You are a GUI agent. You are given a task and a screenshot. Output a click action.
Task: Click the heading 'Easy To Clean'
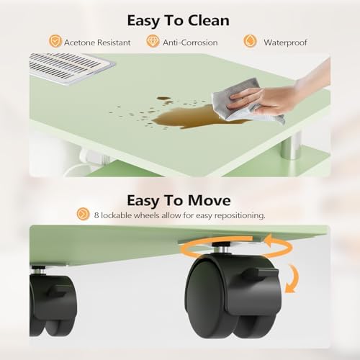pyautogui.click(x=178, y=21)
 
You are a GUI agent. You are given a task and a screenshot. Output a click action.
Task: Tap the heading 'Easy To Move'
pyautogui.click(x=179, y=201)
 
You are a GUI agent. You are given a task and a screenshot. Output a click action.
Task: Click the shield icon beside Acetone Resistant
pyautogui.click(x=55, y=41)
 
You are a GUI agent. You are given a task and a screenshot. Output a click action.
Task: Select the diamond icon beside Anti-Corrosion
pyautogui.click(x=153, y=41)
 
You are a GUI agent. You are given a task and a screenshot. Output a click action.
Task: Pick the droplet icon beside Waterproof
pyautogui.click(x=250, y=41)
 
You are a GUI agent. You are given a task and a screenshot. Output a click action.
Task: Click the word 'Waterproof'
pyautogui.click(x=285, y=42)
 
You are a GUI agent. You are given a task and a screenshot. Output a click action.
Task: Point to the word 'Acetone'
pyautogui.click(x=79, y=42)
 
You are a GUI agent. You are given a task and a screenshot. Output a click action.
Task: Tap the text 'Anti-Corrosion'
pyautogui.click(x=190, y=42)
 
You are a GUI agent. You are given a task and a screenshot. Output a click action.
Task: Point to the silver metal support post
pyautogui.click(x=291, y=146)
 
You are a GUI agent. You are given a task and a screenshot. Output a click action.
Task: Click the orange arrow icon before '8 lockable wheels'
pyautogui.click(x=83, y=214)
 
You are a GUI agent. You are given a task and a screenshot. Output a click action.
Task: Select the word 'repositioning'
pyautogui.click(x=240, y=215)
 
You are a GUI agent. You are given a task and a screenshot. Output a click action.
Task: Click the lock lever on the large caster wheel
pyautogui.click(x=261, y=273)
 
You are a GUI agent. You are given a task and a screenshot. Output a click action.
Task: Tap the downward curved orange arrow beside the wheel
pyautogui.click(x=294, y=279)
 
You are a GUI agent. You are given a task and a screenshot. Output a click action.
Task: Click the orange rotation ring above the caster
pyautogui.click(x=236, y=246)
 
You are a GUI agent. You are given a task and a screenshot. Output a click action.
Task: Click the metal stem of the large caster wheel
pyautogui.click(x=222, y=248)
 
